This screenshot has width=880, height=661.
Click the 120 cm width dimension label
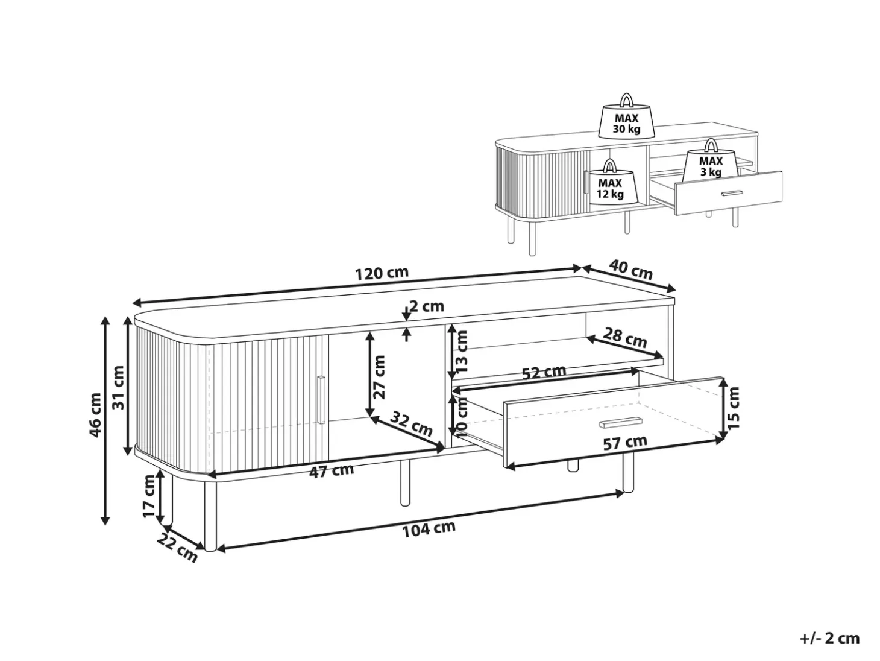coord(382,273)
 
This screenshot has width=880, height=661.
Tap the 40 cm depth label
coord(631,270)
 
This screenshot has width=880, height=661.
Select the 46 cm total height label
coord(96,415)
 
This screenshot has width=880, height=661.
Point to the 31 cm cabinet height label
coord(119,387)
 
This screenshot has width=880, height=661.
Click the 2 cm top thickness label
coord(427,306)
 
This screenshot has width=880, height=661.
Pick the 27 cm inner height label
coord(379,377)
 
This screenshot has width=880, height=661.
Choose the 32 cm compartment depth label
coord(411,424)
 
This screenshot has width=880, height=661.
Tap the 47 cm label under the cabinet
coord(332,470)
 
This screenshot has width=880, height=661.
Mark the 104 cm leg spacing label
coord(429,529)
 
